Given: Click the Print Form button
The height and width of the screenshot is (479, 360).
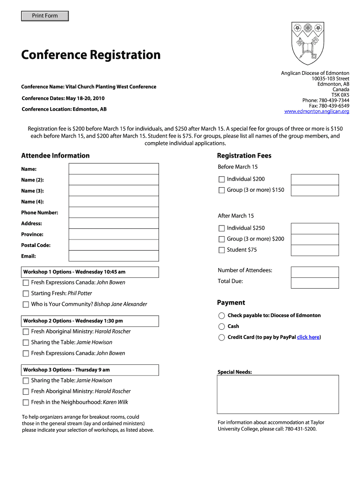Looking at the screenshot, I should [45, 16].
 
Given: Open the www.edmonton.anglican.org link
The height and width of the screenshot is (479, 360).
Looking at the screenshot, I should [317, 111].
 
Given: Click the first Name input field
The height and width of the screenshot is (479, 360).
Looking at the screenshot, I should [114, 169].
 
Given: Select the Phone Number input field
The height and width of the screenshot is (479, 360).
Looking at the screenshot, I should [114, 212].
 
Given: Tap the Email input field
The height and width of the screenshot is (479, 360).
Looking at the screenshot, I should [114, 256].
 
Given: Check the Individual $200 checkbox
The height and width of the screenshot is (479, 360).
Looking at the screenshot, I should [222, 179].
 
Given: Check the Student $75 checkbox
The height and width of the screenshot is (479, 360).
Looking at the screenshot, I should [222, 250].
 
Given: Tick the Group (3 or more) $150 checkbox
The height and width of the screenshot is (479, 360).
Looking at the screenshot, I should [222, 190].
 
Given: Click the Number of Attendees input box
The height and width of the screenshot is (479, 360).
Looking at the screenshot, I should [315, 272].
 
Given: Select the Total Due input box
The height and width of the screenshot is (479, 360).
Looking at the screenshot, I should [315, 283].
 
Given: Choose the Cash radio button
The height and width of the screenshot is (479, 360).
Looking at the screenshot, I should [222, 327].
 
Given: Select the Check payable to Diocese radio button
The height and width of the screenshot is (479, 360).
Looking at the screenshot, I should [222, 315].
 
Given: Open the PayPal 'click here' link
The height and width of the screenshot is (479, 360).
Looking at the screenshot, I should [308, 337].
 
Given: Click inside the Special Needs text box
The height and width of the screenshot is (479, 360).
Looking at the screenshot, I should [278, 394].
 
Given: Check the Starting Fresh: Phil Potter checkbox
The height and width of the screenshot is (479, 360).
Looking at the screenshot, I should [26, 294].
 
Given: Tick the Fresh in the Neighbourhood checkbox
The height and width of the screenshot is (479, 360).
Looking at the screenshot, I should [26, 402].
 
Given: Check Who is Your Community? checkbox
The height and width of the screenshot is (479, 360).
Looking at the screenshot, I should [26, 305].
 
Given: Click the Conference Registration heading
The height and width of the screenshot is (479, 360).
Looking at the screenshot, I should [91, 55].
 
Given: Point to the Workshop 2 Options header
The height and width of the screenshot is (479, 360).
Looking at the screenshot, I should [90, 321].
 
